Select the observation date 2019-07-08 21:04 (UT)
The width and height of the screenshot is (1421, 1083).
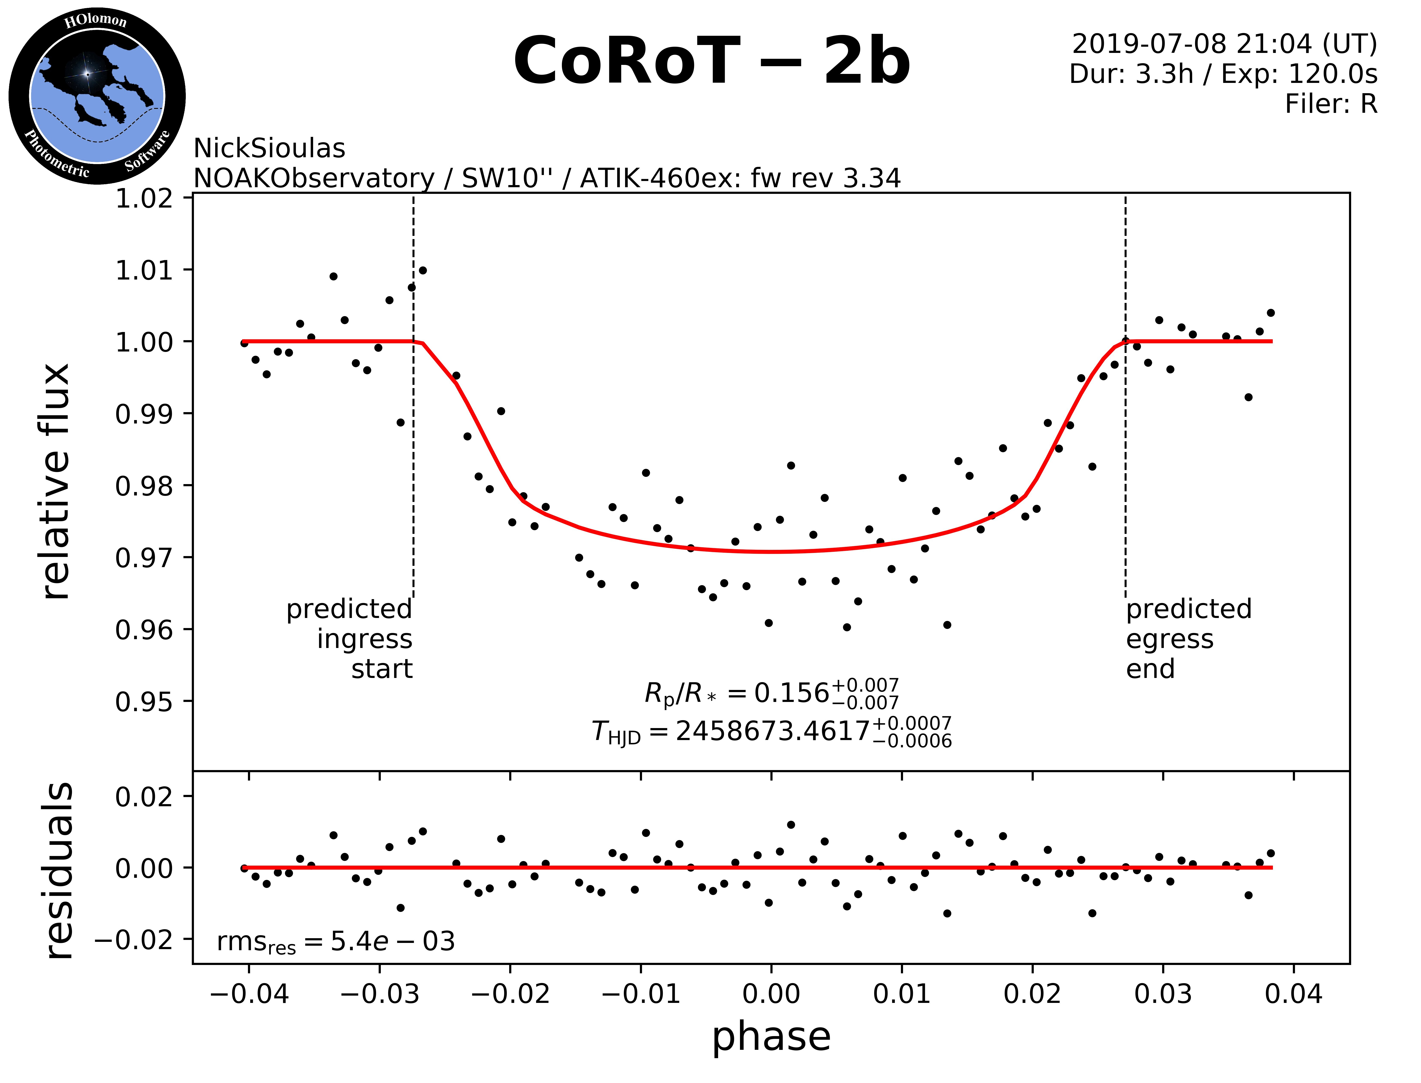pos(1224,44)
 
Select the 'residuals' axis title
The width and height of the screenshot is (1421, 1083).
pos(58,870)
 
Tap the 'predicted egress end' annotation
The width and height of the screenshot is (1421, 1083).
pos(1188,639)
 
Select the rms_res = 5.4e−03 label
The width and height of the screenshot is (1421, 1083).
pos(335,942)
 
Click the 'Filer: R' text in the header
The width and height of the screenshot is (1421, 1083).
pos(1331,104)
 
